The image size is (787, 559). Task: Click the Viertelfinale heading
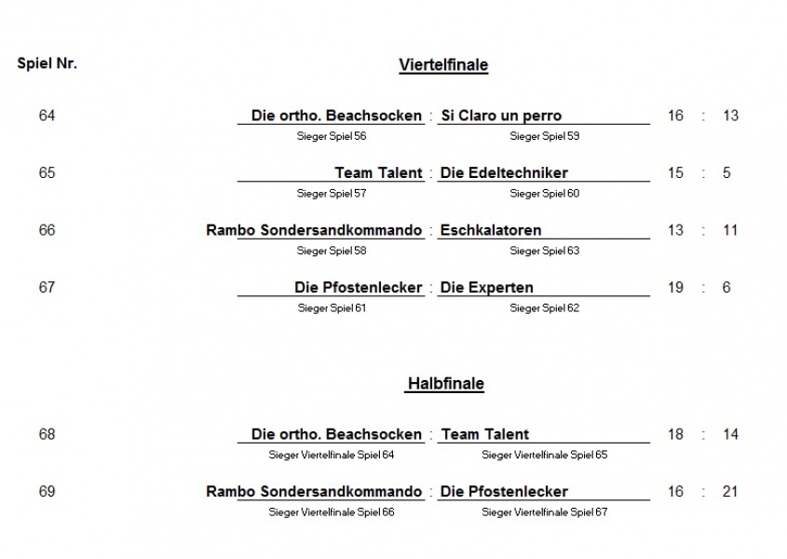coord(443,65)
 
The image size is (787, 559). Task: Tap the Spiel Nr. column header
coord(47,63)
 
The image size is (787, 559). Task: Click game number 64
coord(47,116)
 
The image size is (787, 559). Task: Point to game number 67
coord(47,287)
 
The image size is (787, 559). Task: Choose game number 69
coord(47,491)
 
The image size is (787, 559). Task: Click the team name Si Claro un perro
coord(501,116)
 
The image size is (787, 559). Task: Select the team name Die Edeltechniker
coord(504,172)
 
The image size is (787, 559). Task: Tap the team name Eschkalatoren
coord(491,230)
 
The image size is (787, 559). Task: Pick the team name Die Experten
coord(487,287)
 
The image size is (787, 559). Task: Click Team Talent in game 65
coord(378,172)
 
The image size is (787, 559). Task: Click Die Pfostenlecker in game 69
coord(504,491)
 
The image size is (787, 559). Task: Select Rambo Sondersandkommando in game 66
coord(314,230)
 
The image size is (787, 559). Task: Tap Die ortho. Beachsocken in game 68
coord(336,434)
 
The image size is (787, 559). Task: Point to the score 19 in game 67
coord(675,287)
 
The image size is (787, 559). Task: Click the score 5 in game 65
coord(726,172)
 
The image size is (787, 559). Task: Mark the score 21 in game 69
coord(730,491)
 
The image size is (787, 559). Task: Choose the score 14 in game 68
coord(730,434)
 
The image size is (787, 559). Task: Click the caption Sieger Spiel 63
coord(545,251)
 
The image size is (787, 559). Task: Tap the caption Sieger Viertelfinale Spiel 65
coord(545,455)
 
